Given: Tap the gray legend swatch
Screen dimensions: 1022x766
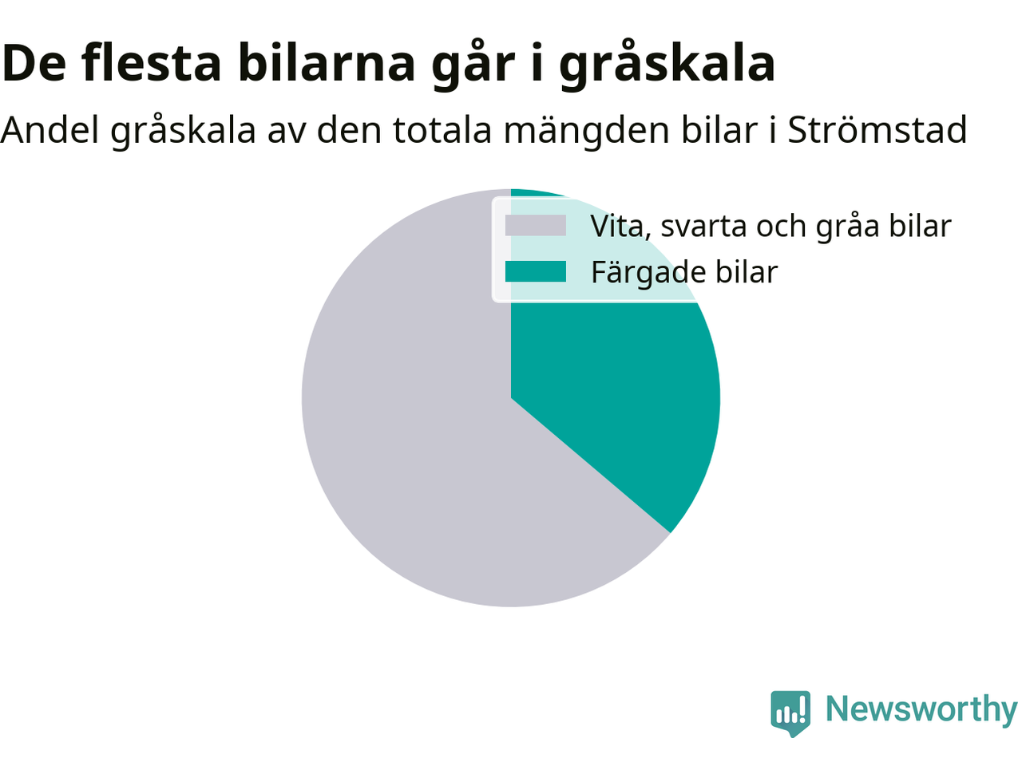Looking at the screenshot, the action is pyautogui.click(x=536, y=226).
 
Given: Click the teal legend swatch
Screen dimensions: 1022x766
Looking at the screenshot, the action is pyautogui.click(x=536, y=271).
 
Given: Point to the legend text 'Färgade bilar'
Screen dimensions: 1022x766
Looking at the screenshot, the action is pyautogui.click(x=684, y=273).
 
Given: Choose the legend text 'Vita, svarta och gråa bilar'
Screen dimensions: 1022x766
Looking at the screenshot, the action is pyautogui.click(x=771, y=227).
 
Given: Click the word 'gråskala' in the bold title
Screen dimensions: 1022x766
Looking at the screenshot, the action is pyautogui.click(x=667, y=64).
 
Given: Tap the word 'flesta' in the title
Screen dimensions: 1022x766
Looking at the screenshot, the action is pyautogui.click(x=151, y=63).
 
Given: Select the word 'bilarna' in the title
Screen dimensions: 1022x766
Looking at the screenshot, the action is pyautogui.click(x=327, y=63).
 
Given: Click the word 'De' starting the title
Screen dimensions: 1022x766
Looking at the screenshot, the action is pyautogui.click(x=34, y=64).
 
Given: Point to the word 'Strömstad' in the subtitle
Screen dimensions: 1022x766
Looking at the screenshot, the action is pyautogui.click(x=877, y=130).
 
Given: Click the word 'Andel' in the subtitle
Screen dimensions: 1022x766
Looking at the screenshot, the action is pyautogui.click(x=50, y=130).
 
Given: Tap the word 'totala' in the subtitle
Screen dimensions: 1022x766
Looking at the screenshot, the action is pyautogui.click(x=442, y=130).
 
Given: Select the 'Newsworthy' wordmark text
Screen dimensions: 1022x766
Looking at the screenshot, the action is pyautogui.click(x=921, y=709).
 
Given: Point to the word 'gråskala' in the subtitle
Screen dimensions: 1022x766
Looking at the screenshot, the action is pyautogui.click(x=183, y=132).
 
